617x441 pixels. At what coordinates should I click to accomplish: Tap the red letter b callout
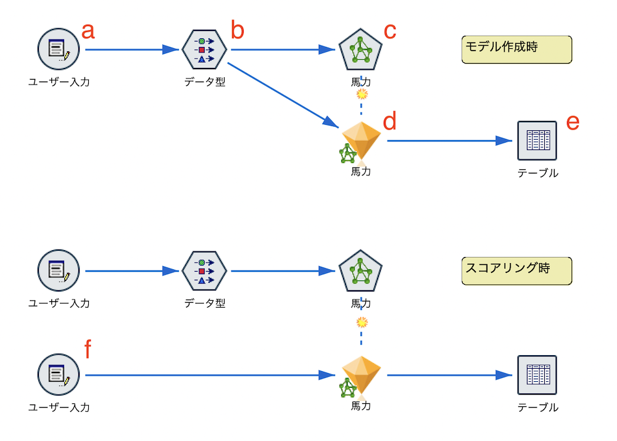[x=238, y=30]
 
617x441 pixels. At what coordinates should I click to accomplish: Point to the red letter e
[x=573, y=122]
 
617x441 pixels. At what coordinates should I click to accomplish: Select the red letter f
[x=88, y=350]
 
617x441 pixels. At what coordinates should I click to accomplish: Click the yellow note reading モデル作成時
[x=516, y=49]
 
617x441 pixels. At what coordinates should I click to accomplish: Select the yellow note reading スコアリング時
[x=516, y=271]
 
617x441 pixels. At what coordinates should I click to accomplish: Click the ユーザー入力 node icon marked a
[x=59, y=49]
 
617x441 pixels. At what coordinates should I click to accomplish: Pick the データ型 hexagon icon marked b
[x=204, y=49]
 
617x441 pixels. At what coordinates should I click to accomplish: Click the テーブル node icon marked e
[x=537, y=141]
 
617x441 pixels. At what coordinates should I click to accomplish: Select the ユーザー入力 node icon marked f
[x=59, y=375]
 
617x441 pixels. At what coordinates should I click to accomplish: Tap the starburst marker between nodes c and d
[x=362, y=94]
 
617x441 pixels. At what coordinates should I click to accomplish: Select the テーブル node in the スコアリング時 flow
[x=537, y=375]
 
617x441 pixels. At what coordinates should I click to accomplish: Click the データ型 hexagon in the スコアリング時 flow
[x=204, y=271]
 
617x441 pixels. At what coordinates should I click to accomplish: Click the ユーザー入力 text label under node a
[x=59, y=82]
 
